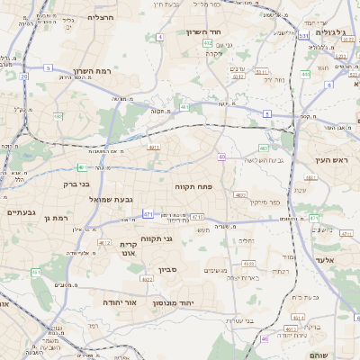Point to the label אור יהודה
pyautogui.click(x=118, y=302)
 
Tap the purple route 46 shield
pyautogui.click(x=265, y=339)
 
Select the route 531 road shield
pyautogui.click(x=304, y=37)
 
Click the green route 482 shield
pyautogui.click(x=58, y=116)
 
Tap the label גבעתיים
pyautogui.click(x=21, y=212)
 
